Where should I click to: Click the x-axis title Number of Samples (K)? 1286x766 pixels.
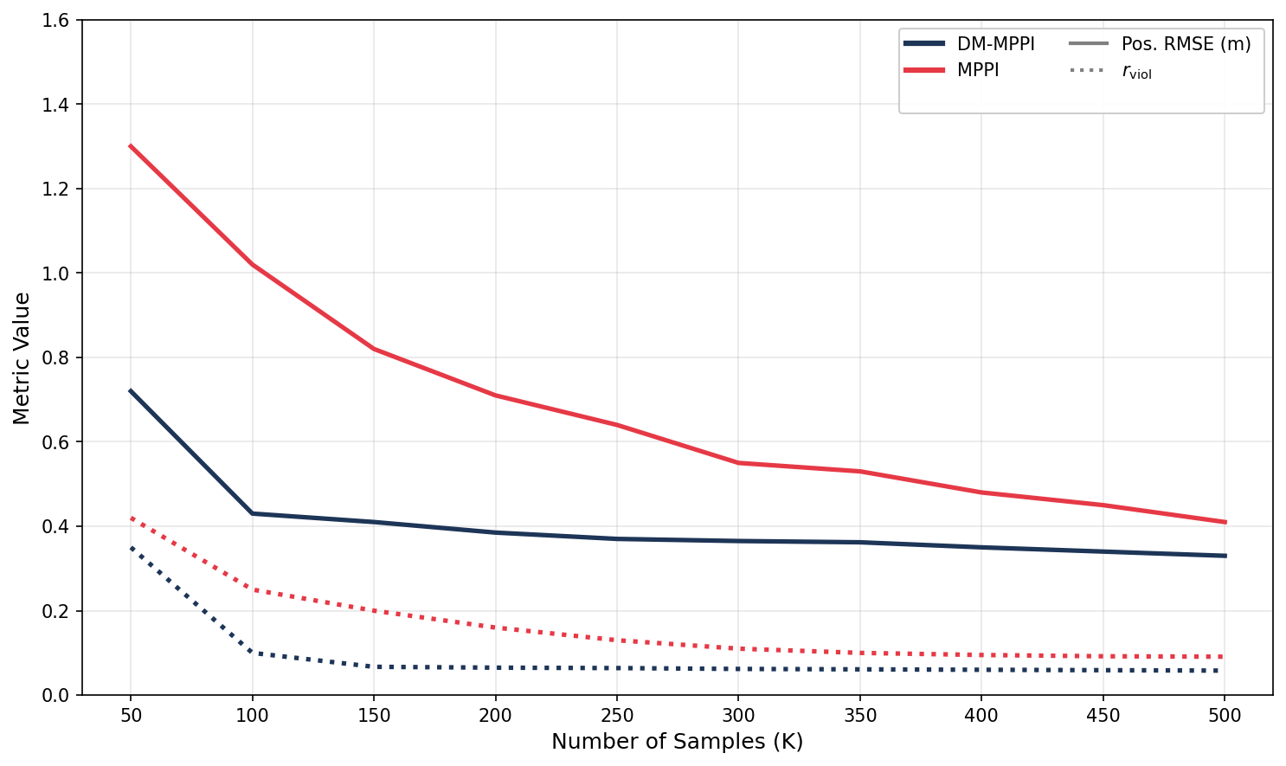click(677, 742)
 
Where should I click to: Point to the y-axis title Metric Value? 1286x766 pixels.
click(22, 357)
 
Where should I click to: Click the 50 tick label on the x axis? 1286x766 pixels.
click(131, 716)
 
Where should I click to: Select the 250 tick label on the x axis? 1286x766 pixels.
click(617, 716)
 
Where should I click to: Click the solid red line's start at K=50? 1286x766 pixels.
click(131, 146)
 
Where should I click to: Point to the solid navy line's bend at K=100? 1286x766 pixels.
click(252, 513)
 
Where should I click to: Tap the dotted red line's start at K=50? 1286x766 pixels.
click(131, 518)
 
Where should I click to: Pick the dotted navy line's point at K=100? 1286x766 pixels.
click(252, 652)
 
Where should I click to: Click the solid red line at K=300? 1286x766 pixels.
click(738, 463)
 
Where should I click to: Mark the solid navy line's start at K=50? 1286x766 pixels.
click(131, 391)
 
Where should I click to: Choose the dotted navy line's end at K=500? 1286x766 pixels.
click(1223, 671)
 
